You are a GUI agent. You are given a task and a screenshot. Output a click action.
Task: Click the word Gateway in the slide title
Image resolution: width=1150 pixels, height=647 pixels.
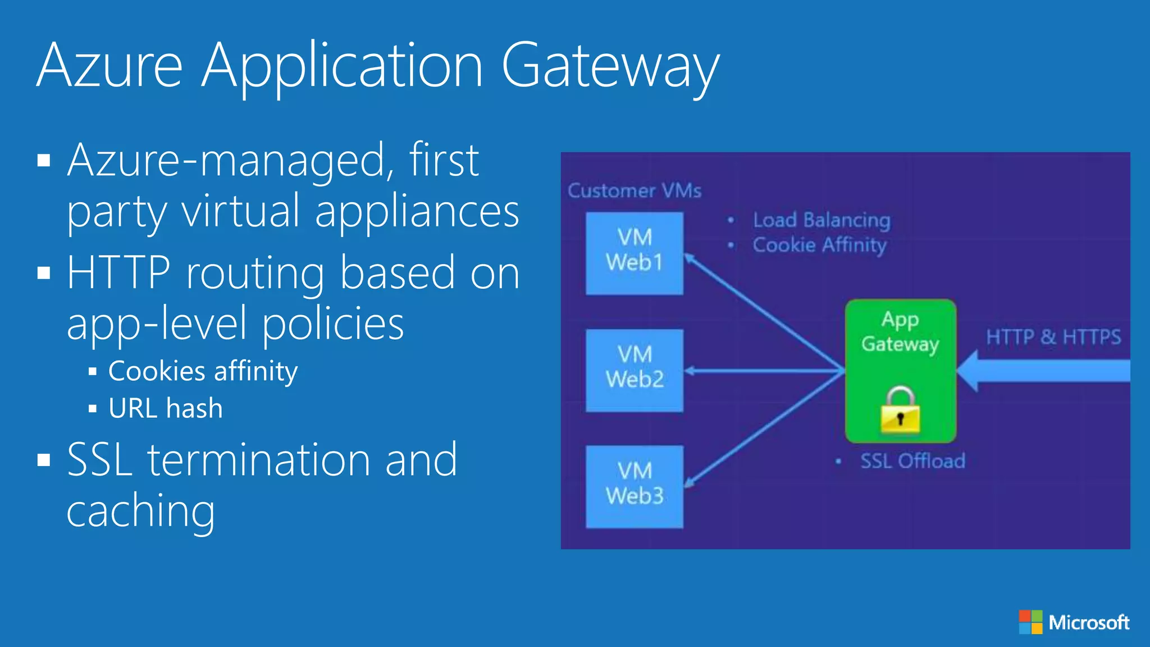tap(609, 66)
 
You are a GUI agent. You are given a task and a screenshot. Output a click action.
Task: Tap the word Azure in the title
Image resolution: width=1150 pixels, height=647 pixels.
tap(109, 66)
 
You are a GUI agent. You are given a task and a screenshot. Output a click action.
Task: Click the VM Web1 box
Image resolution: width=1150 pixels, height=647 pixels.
tap(635, 253)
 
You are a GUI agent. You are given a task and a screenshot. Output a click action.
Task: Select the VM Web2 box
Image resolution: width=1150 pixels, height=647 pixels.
tap(635, 370)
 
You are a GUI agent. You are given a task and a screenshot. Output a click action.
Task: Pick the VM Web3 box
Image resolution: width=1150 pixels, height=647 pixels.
tap(635, 486)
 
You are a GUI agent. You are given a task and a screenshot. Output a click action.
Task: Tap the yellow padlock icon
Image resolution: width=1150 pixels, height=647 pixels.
tap(900, 411)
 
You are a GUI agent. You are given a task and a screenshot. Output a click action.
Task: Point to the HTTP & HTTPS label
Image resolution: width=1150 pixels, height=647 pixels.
tap(1053, 337)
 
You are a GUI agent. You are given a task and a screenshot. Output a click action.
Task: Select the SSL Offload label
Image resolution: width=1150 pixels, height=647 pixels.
tap(912, 461)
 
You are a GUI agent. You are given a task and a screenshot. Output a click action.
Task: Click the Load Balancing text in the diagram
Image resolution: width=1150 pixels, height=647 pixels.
tap(821, 220)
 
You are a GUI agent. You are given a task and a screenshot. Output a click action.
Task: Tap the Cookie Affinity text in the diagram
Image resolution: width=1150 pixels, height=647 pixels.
tap(819, 245)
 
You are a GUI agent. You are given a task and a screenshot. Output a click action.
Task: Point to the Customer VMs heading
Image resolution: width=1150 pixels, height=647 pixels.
tap(635, 191)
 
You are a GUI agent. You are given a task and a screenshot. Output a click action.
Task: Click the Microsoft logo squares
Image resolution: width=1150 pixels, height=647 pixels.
tap(1030, 622)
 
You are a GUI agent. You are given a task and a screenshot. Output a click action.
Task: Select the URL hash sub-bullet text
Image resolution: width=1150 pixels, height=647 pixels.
tap(165, 408)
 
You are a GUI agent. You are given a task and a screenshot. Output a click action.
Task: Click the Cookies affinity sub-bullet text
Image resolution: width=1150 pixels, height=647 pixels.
tap(203, 371)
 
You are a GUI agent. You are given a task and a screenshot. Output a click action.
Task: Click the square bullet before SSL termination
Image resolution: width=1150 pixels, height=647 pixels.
tap(44, 460)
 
